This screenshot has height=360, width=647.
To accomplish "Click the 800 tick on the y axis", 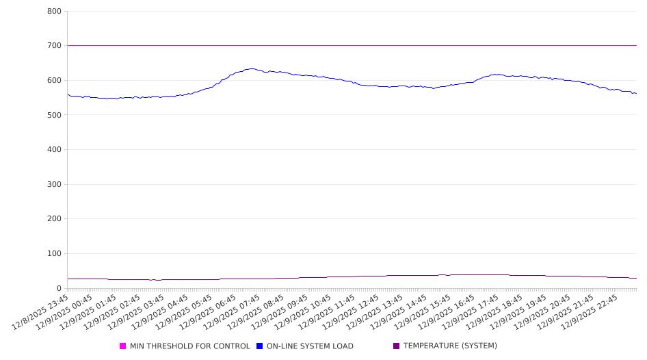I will (54, 12).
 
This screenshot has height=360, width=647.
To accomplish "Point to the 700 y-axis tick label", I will (54, 46).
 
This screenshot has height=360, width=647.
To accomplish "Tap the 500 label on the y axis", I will (54, 115).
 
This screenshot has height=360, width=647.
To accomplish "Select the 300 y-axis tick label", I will (54, 184).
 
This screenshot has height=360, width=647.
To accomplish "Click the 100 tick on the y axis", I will (54, 254).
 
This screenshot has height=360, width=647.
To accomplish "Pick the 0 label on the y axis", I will (59, 288).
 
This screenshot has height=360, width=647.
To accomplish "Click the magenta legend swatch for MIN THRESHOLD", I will (123, 346).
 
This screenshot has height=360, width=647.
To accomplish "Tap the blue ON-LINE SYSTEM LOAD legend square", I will (260, 346).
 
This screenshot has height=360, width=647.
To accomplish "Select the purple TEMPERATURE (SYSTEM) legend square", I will (397, 346).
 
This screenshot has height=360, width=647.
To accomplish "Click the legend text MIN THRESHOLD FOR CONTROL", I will (189, 346).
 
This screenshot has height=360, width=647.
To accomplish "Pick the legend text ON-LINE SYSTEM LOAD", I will (310, 346).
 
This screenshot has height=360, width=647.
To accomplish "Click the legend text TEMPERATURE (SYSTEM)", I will (450, 346).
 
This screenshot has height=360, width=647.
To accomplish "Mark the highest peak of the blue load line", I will (252, 68).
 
